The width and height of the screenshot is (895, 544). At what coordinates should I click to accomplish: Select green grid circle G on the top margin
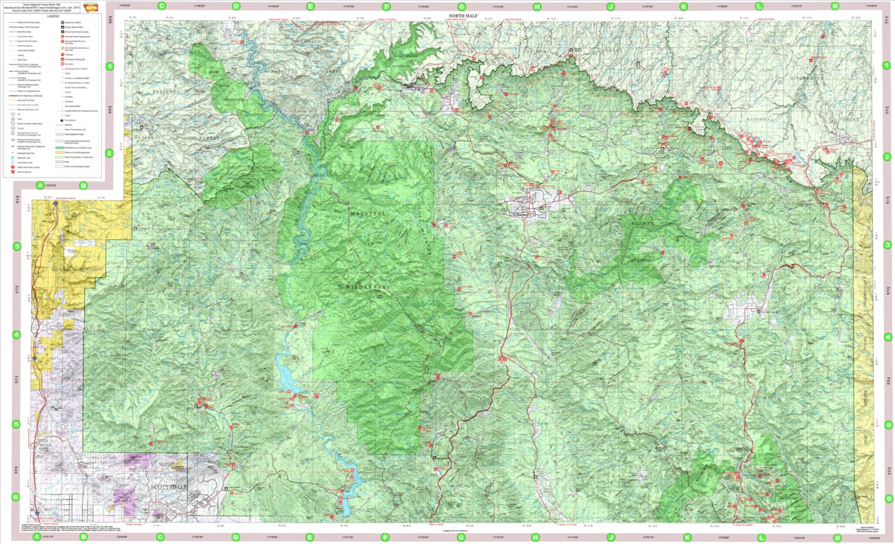[x=461, y=6]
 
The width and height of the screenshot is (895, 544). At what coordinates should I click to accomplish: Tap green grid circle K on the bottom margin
[x=687, y=538]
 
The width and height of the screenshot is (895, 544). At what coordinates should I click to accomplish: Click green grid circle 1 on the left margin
[x=110, y=67]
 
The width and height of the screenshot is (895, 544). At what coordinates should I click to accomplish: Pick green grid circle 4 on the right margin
[x=888, y=336]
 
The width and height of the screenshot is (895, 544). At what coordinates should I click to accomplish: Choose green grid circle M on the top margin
[x=835, y=6]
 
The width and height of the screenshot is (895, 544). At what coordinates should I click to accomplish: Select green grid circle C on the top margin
[x=162, y=6]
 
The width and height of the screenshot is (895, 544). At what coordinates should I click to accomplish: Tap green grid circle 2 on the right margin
[x=888, y=157]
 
